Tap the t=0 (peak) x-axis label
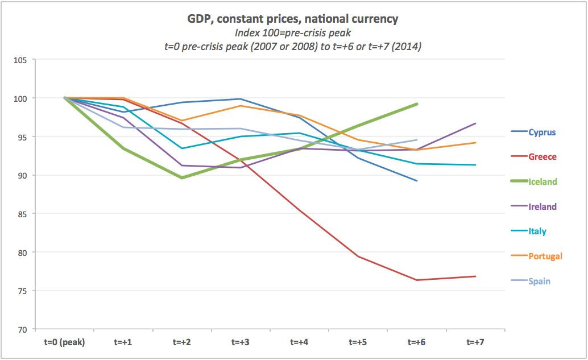pos(65,342)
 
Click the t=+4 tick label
pos(300,342)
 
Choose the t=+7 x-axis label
pos(475,342)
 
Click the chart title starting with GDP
pos(293,19)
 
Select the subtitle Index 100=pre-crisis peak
pos(293,33)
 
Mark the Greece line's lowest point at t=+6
pos(417,280)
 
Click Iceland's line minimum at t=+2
pos(183,177)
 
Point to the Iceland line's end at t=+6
pos(417,104)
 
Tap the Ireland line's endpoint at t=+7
pos(475,123)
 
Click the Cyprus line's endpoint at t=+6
pos(417,181)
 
